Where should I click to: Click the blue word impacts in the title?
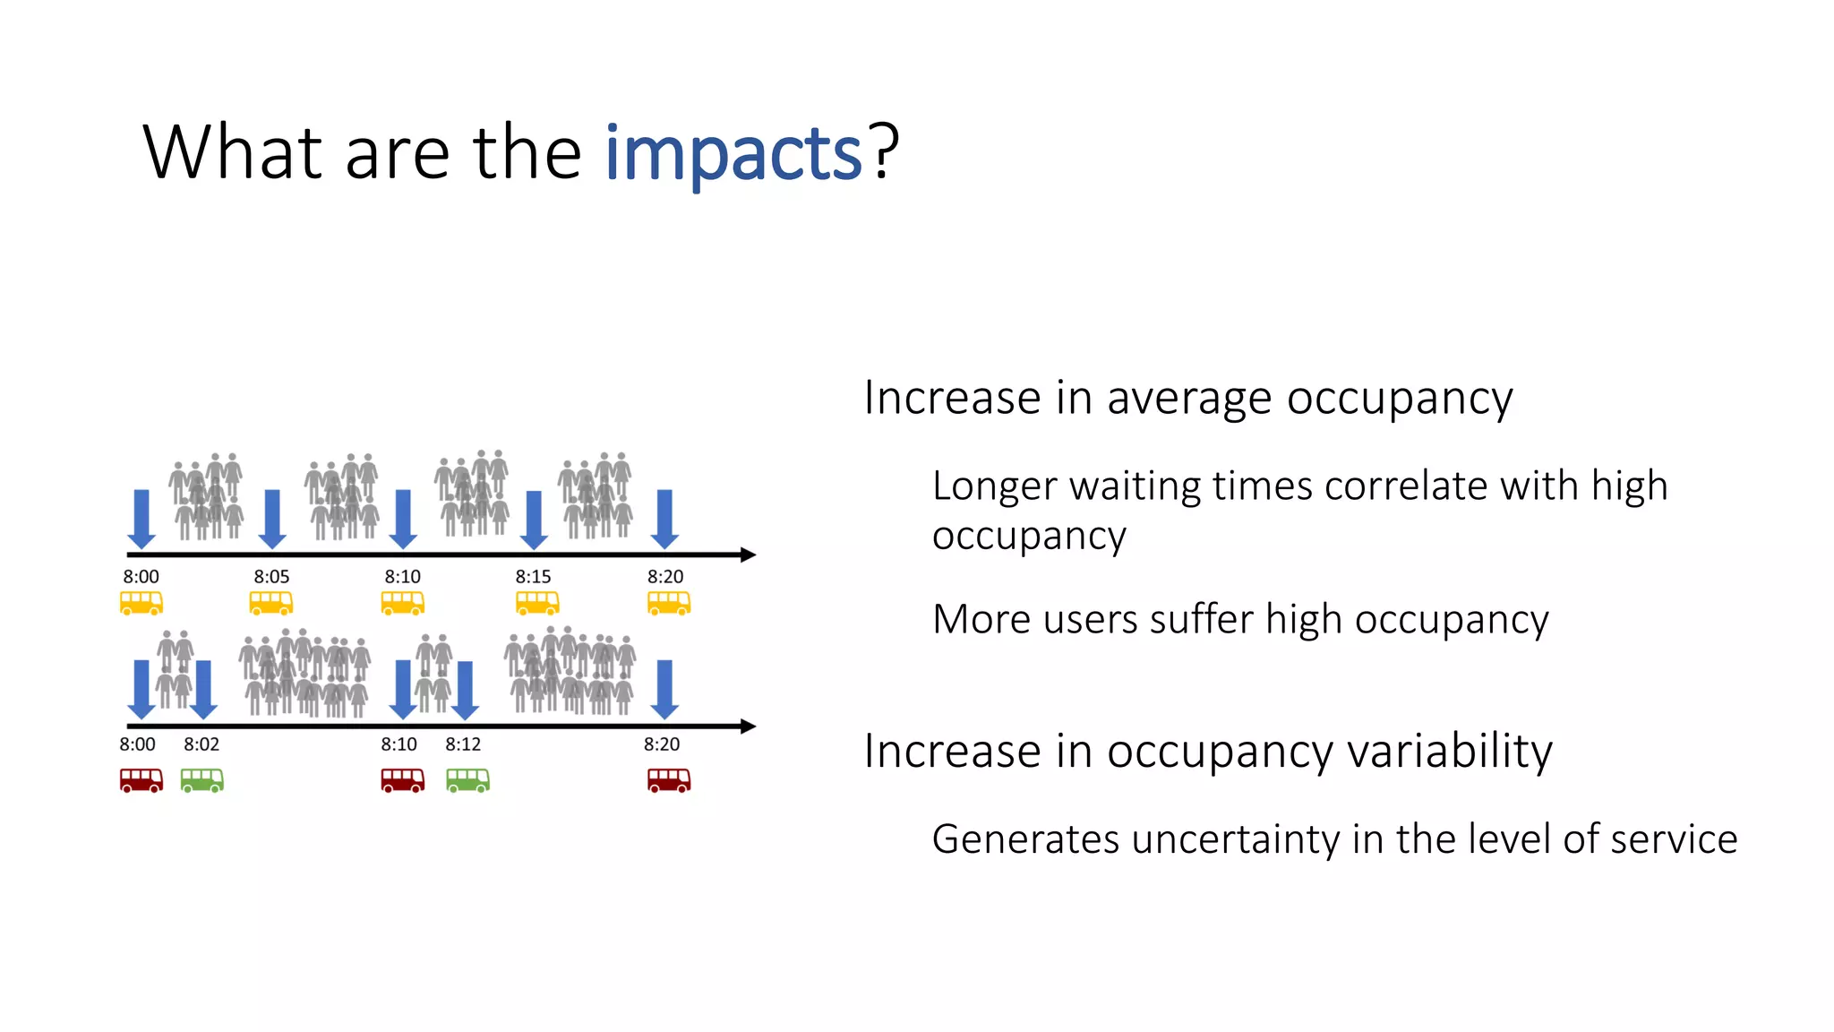733,154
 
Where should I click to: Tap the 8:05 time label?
271,577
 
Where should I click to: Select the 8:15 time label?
533,577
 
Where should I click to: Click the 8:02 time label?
201,744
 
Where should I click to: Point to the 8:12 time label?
463,744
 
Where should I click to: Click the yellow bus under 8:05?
271,603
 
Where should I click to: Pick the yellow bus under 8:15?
537,603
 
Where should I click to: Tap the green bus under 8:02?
202,780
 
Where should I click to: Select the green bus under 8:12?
467,780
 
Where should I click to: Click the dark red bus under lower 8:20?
669,780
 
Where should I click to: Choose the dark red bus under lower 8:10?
403,780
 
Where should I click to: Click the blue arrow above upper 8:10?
403,519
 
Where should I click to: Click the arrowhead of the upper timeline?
749,555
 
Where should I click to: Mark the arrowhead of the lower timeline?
749,727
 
